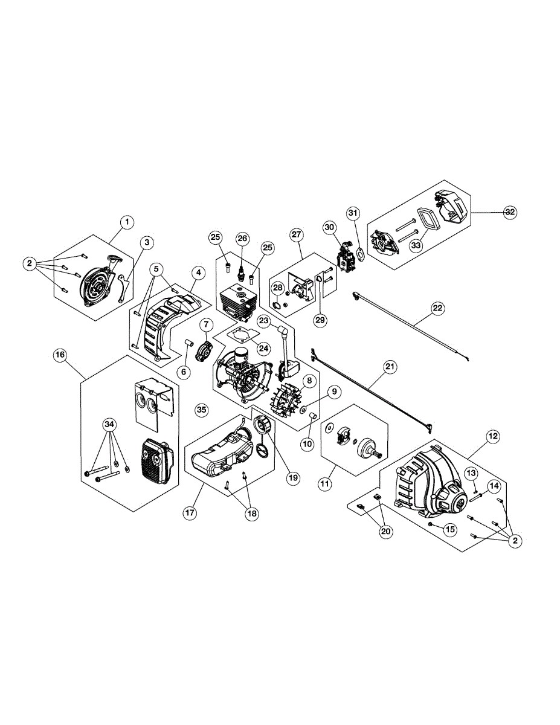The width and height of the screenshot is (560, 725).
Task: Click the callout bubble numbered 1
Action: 127,222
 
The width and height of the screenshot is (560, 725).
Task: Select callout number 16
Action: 60,355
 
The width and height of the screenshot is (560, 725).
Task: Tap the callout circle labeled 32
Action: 511,212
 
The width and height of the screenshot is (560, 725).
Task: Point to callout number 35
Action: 202,410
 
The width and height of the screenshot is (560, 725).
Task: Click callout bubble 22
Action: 437,308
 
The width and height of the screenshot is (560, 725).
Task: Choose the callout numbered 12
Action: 493,435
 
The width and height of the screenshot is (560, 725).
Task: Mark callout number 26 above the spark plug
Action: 242,237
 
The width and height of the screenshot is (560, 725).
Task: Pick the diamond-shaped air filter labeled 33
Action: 429,220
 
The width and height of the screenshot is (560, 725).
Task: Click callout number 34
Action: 109,425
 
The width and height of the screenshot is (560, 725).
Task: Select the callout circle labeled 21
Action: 390,366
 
